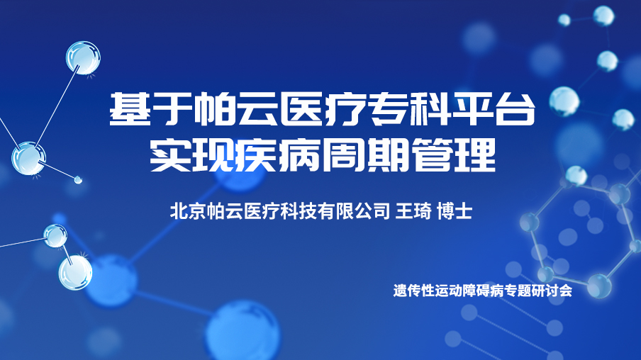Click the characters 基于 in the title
152,109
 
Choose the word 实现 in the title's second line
193,155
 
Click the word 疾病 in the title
279,155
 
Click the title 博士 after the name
455,211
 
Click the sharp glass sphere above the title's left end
84,57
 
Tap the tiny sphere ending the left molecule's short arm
78,180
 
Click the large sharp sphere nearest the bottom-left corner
75,273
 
